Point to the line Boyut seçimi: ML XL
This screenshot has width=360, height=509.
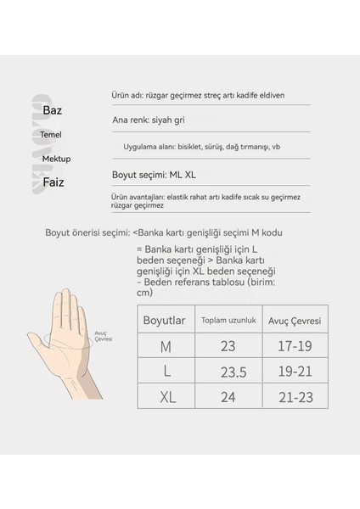(155, 174)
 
